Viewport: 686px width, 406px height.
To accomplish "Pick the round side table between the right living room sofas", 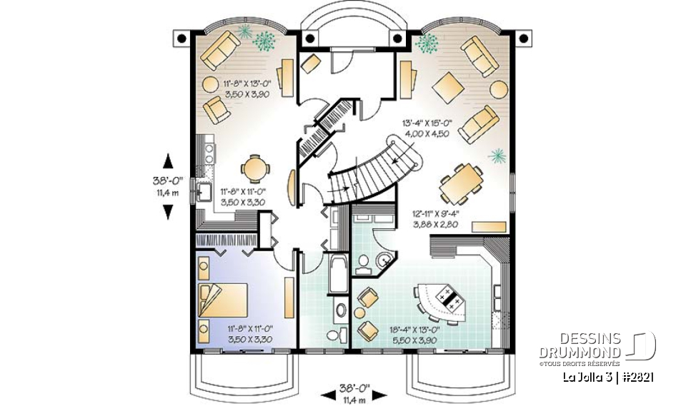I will tap(498, 91).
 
